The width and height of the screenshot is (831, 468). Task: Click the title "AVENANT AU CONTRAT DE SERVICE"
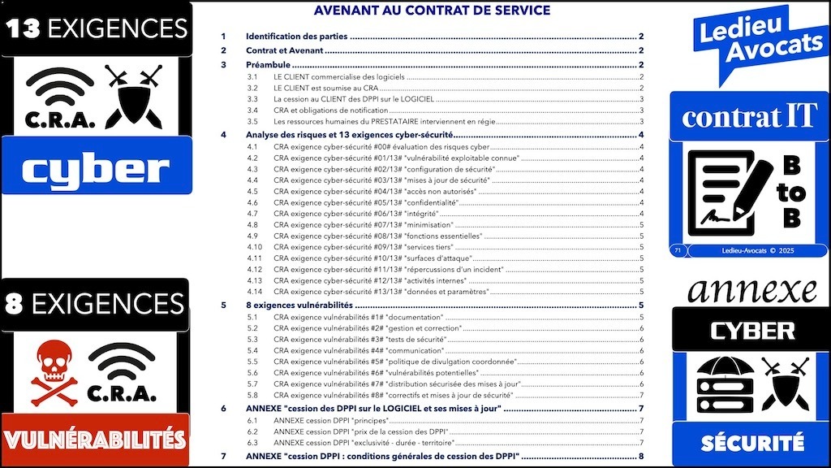pyautogui.click(x=432, y=11)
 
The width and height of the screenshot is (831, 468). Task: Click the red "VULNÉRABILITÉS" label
pyautogui.click(x=94, y=440)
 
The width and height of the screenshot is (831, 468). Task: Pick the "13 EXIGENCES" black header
pyautogui.click(x=97, y=28)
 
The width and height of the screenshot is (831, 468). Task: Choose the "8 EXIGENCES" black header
pyautogui.click(x=94, y=305)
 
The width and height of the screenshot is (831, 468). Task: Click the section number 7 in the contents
pyautogui.click(x=224, y=457)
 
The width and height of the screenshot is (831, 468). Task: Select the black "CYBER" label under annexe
pyautogui.click(x=751, y=331)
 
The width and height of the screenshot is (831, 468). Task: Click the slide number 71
pyautogui.click(x=678, y=251)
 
